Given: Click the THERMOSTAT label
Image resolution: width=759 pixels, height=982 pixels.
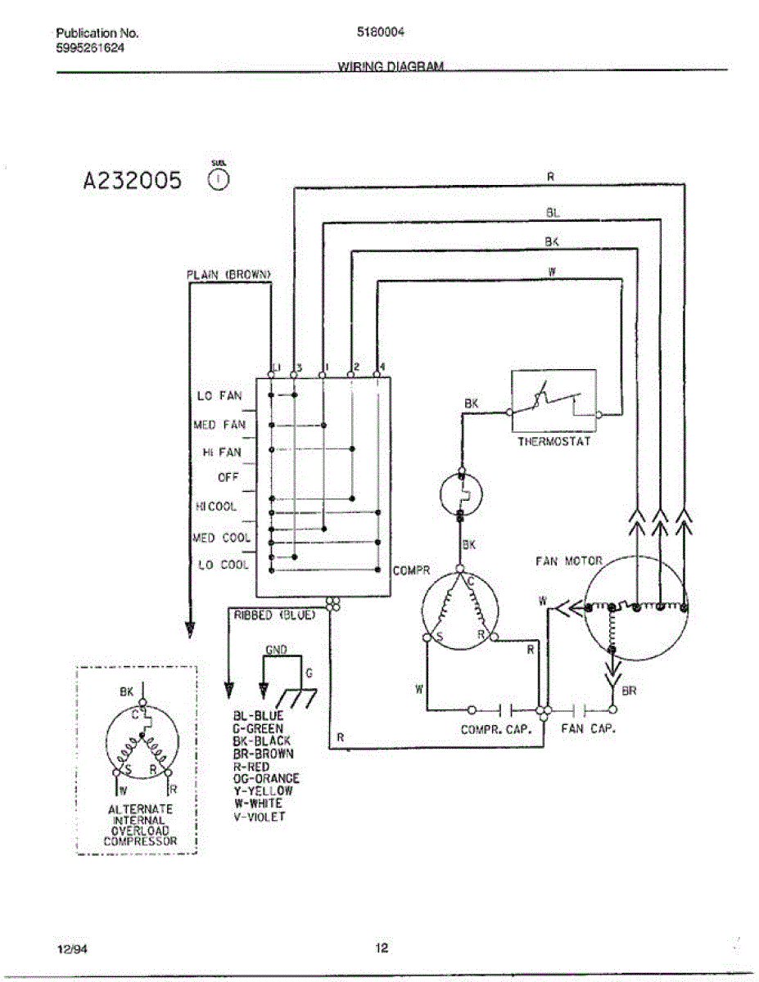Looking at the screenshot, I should tap(553, 442).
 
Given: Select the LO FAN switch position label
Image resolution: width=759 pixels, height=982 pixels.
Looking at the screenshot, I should tap(220, 396).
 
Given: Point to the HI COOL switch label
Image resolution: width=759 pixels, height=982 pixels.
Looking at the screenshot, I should tap(216, 507).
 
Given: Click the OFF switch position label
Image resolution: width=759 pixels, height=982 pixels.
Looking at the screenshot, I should tap(228, 477).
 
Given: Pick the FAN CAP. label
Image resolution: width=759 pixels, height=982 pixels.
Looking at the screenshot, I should tap(588, 728).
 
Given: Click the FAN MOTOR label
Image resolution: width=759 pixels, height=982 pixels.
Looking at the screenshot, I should tap(568, 561).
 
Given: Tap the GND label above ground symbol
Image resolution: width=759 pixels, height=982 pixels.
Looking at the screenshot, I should tap(276, 649).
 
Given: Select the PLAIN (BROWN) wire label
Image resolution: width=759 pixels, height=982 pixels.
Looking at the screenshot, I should tap(228, 275).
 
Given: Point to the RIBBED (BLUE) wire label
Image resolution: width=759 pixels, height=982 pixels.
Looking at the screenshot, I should tap(275, 614).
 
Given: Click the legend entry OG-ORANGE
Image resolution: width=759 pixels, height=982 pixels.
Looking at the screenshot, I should tap(266, 779).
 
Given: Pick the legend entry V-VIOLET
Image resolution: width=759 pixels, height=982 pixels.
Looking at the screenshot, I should tap(260, 817).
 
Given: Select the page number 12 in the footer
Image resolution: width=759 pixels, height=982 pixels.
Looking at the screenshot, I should tap(382, 948).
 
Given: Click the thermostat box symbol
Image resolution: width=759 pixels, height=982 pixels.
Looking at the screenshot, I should tap(554, 402).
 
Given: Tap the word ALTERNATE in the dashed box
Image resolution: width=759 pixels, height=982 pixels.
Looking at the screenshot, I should tap(141, 809).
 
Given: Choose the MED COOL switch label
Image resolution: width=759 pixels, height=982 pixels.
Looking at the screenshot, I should tap(222, 538).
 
